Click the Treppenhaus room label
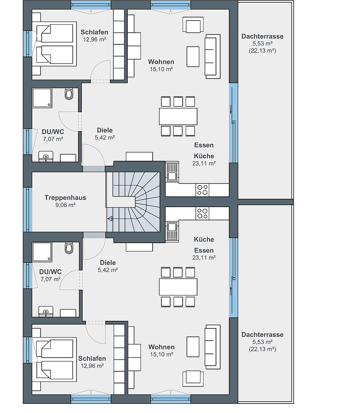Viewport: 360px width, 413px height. point(65,198)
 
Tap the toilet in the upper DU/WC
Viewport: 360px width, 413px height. point(69,94)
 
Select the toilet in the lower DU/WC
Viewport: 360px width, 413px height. point(69,248)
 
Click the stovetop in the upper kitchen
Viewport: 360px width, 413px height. point(202,190)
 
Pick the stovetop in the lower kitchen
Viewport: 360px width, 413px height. point(202,214)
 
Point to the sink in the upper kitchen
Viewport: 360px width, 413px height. point(172,172)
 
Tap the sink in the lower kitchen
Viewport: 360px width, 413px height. point(172,231)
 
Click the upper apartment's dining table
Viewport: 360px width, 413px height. point(178,116)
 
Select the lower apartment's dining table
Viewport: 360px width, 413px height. point(178,287)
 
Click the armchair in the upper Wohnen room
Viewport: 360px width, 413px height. point(193,25)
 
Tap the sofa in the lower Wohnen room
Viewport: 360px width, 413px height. point(213,347)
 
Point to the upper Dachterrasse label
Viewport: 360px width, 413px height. point(262,36)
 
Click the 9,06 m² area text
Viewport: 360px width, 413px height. point(65,205)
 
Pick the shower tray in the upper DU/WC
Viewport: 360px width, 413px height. point(42,98)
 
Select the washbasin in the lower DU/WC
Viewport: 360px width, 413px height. point(46,311)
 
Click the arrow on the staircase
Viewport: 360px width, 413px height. point(110,218)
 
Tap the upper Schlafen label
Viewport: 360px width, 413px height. point(94,32)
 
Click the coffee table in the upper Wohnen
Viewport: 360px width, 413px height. point(193,57)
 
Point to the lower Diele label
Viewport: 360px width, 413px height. point(108,262)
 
